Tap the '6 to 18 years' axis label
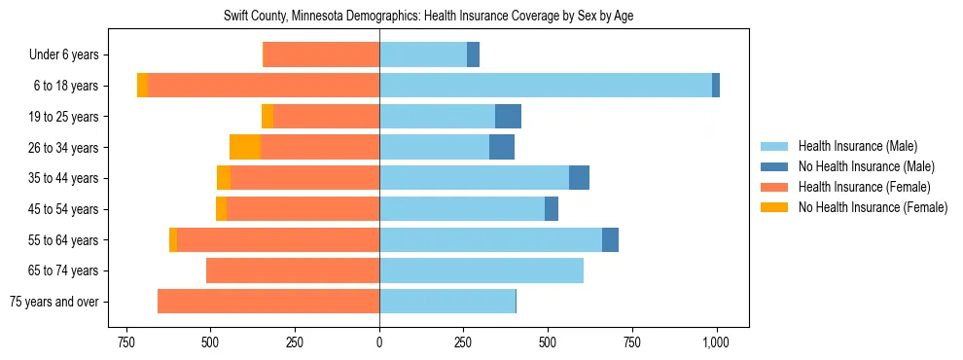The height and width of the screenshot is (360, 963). [65, 86]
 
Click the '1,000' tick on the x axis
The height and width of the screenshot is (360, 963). [716, 342]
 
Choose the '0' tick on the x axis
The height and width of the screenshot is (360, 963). [379, 342]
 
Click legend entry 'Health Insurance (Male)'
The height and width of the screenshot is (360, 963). [857, 146]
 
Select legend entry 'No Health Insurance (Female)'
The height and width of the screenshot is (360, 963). [873, 207]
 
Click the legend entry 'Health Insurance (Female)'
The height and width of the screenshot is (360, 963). [864, 187]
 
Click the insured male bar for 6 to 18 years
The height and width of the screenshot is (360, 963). [545, 86]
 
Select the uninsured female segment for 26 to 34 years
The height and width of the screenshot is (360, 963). [245, 147]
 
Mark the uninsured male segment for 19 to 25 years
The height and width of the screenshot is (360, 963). [508, 117]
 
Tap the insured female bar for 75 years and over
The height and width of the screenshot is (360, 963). [268, 302]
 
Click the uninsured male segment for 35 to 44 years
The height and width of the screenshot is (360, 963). [579, 178]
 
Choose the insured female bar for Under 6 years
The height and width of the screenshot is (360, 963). [321, 55]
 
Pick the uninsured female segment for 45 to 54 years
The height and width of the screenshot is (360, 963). [221, 209]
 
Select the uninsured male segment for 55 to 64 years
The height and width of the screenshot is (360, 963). [610, 239]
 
